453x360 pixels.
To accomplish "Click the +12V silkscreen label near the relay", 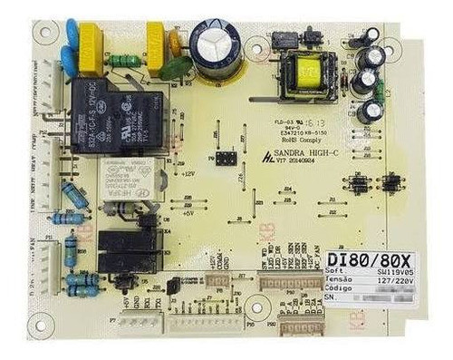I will (188, 172).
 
